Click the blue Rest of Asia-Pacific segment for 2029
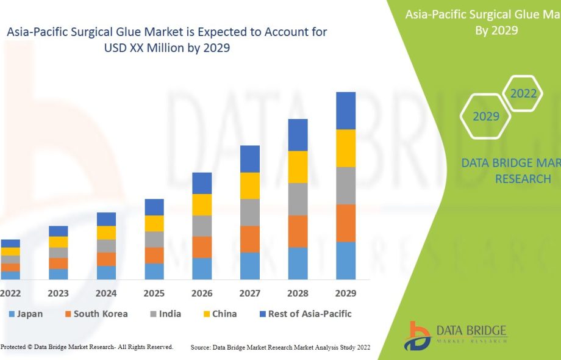346,110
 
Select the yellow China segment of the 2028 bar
298,167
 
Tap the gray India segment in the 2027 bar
250,212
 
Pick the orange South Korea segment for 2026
202,247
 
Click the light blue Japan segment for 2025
154,272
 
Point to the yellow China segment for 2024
106,232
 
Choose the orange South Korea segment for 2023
59,263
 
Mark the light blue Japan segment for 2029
346,261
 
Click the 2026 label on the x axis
202,293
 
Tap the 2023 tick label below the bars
59,293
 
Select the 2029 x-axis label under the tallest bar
346,293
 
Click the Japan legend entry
26,314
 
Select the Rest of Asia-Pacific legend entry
305,314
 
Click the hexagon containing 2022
523,93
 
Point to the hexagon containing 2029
485,116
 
